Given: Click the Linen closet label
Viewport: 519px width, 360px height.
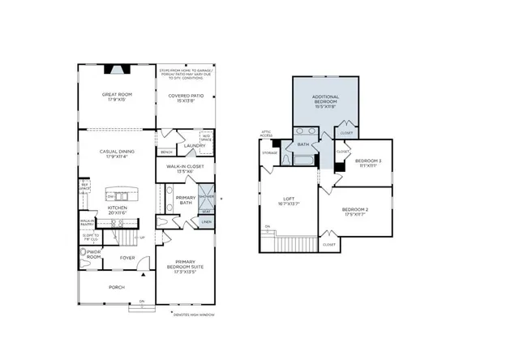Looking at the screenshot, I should pyautogui.click(x=206, y=221).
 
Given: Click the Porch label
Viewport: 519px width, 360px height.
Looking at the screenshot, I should pyautogui.click(x=118, y=286).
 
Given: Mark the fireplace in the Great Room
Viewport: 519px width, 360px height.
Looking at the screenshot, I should pyautogui.click(x=117, y=71).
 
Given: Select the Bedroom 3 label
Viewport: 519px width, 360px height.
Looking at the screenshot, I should pyautogui.click(x=369, y=163).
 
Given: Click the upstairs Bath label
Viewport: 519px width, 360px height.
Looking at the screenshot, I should pyautogui.click(x=304, y=145).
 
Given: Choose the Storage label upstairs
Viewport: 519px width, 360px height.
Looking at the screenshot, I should pyautogui.click(x=270, y=152).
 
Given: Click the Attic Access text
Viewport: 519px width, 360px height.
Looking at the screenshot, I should pyautogui.click(x=265, y=134).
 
